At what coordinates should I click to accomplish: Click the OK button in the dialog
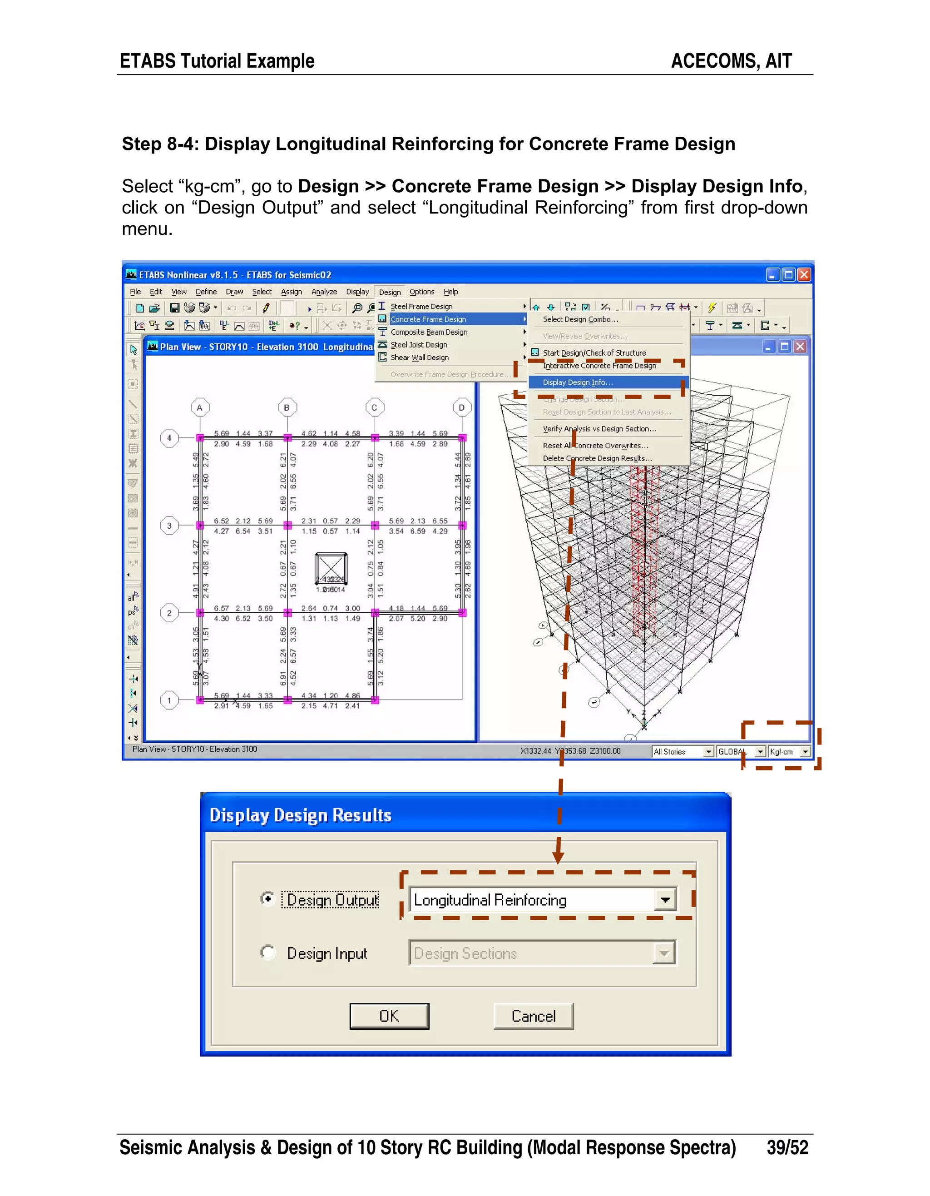[389, 1017]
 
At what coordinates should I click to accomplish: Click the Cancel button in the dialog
[533, 1017]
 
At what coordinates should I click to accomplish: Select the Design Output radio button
[267, 898]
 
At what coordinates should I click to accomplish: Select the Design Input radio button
[267, 953]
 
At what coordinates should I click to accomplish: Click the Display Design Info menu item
[578, 382]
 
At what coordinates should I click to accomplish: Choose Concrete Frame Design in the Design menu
[428, 319]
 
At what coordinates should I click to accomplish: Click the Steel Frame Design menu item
[421, 307]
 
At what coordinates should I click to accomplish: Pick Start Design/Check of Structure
[594, 352]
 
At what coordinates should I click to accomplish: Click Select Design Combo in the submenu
[580, 319]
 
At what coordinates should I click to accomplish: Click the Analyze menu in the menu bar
[324, 292]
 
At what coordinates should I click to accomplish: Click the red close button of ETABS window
[804, 275]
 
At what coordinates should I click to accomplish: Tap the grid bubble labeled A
[200, 407]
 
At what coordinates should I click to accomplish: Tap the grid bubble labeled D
[462, 407]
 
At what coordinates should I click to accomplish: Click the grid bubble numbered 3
[169, 526]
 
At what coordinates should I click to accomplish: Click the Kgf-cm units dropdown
[789, 752]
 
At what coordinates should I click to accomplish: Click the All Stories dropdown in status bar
[683, 752]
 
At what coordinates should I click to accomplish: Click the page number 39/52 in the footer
[787, 1147]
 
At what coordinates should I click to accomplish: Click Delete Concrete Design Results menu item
[597, 458]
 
